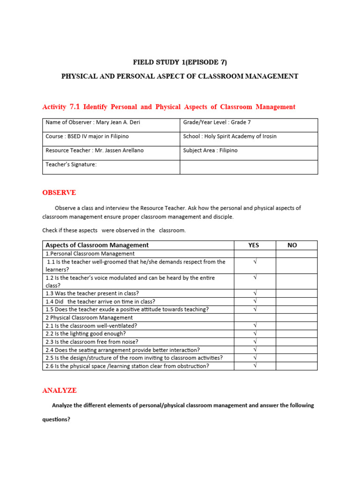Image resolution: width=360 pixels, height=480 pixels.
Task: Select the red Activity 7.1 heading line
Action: click(x=169, y=107)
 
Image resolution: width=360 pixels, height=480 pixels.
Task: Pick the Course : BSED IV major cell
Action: click(x=87, y=136)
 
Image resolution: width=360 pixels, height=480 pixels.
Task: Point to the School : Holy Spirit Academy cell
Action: click(x=230, y=136)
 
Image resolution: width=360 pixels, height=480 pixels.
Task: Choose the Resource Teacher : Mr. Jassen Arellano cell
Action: click(x=94, y=150)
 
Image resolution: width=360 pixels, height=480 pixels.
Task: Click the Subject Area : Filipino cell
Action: click(x=210, y=150)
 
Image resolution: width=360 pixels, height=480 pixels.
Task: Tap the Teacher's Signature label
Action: click(x=71, y=165)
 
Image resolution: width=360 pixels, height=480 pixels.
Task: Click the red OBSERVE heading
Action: click(x=59, y=193)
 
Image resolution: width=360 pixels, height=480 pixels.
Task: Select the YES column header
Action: click(x=254, y=245)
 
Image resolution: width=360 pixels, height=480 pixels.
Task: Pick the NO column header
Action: click(x=292, y=245)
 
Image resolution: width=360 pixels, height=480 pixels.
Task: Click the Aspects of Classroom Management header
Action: click(x=97, y=245)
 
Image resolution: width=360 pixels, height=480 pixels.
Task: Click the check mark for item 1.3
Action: click(x=255, y=293)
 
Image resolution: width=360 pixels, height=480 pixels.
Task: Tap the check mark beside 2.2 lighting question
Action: click(x=255, y=333)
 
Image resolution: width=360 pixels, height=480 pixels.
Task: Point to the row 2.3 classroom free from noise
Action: click(x=92, y=342)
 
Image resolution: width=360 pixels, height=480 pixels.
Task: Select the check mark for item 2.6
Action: click(x=255, y=366)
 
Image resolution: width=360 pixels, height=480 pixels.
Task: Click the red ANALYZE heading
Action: click(x=60, y=390)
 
